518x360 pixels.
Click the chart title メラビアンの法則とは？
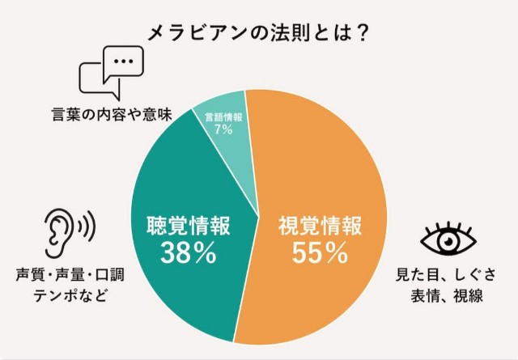click(x=258, y=32)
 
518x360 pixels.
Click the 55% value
click(x=320, y=253)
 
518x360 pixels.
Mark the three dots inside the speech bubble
click(x=122, y=60)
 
